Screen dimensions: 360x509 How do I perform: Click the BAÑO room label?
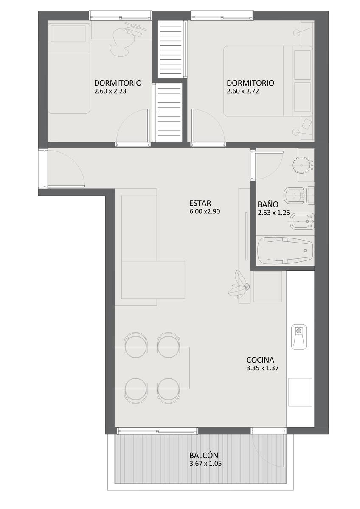click(x=268, y=204)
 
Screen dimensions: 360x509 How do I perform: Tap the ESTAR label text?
click(x=200, y=203)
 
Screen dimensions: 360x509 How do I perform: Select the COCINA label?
click(x=260, y=360)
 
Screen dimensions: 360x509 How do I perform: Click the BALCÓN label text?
click(x=203, y=455)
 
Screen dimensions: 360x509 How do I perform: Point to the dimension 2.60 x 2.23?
click(x=110, y=91)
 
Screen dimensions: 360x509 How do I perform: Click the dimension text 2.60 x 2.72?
click(x=243, y=91)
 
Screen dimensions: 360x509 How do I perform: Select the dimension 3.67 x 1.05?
click(x=205, y=463)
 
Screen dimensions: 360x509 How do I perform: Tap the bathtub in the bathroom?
click(x=285, y=250)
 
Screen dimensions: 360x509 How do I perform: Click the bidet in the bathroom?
click(x=302, y=221)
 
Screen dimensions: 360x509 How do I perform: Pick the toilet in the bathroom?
click(x=299, y=195)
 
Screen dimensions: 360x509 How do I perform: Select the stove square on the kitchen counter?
click(x=300, y=392)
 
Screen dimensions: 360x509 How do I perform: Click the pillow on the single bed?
click(x=68, y=34)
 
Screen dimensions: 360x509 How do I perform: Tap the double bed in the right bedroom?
click(x=268, y=81)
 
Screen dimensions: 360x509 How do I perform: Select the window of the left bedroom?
click(x=120, y=16)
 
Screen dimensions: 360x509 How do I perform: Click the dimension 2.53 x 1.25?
click(x=273, y=213)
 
